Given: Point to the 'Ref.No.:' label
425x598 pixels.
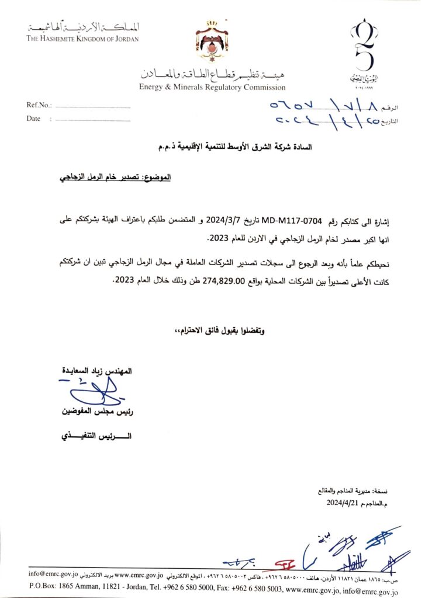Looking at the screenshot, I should click(x=39, y=106).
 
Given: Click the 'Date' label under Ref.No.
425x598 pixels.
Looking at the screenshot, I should click(x=33, y=119).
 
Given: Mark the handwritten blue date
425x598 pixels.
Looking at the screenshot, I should click(x=315, y=121).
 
